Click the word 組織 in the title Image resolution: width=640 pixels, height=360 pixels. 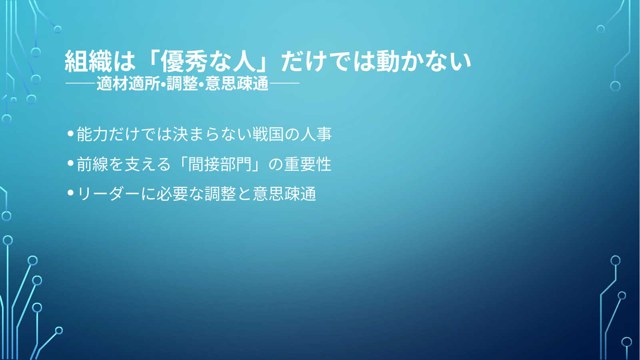point(88,62)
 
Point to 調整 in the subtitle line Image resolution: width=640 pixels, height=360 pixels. point(182,84)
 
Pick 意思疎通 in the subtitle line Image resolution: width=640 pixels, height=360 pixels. point(237,84)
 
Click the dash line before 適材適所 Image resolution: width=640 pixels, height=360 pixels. point(80,84)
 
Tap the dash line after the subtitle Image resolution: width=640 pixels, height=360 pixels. point(284,84)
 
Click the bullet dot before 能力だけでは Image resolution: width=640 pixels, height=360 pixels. point(70,133)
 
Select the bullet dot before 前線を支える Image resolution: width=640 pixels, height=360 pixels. point(70,163)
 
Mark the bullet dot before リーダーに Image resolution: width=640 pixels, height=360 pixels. point(70,193)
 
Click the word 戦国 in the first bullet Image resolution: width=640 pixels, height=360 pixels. point(268,134)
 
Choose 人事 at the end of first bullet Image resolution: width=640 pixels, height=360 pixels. point(316,134)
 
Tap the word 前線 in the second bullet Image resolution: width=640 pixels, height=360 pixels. point(92,164)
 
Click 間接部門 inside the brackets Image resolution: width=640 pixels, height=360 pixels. point(220,164)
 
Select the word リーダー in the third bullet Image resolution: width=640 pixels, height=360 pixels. point(109,194)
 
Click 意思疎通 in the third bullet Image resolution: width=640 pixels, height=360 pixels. point(284,194)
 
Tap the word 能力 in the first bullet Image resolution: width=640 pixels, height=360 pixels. point(92,134)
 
